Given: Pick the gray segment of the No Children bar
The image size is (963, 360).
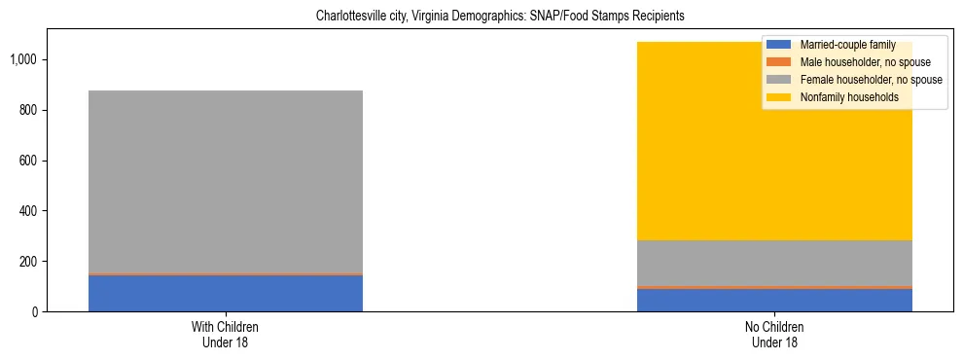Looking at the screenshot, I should (x=774, y=263).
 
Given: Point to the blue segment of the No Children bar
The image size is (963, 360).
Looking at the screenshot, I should (x=774, y=300).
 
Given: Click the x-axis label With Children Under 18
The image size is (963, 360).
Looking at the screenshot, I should (x=226, y=334).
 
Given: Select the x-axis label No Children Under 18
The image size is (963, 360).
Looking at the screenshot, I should (x=774, y=334).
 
